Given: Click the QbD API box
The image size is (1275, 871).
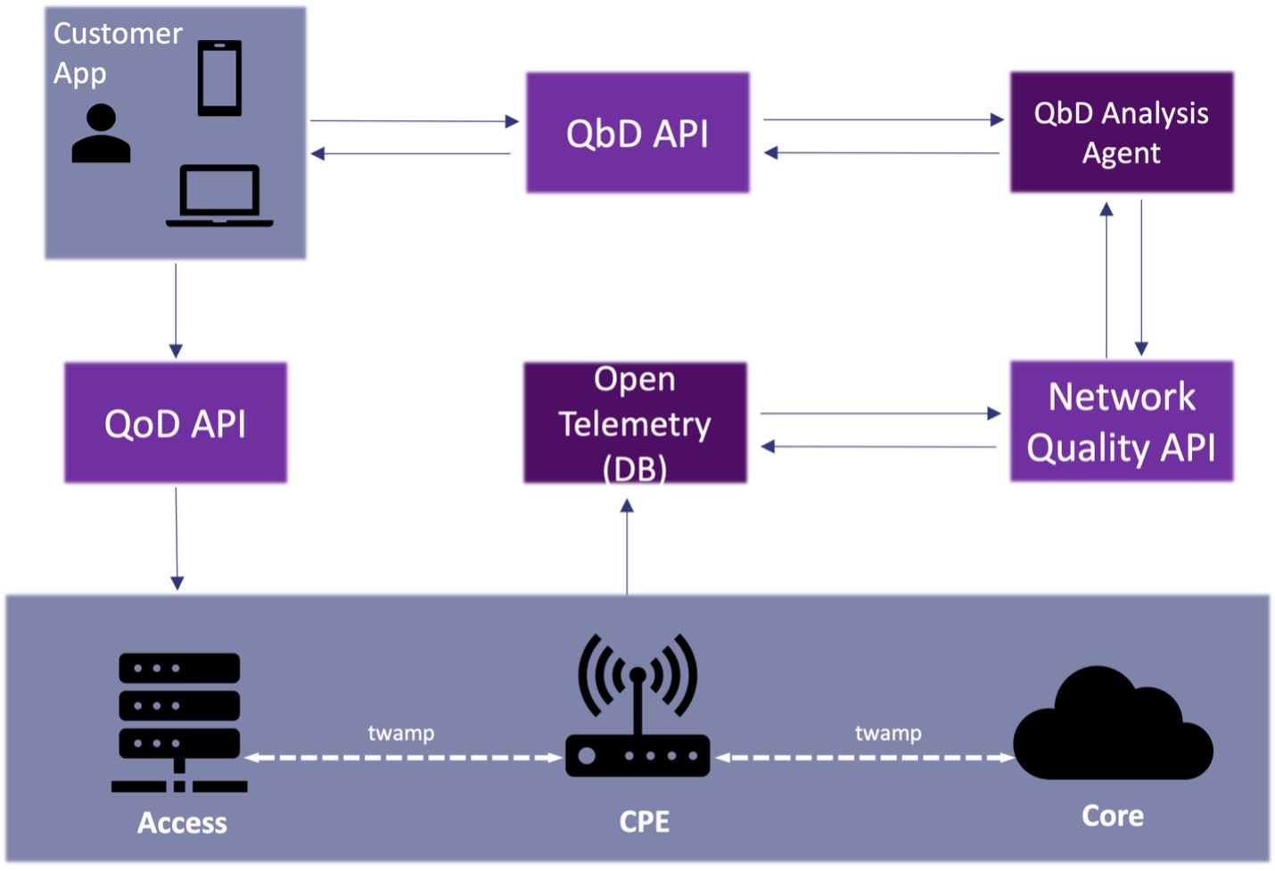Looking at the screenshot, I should [x=637, y=133].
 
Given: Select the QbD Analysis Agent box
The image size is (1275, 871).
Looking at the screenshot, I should [x=1121, y=133].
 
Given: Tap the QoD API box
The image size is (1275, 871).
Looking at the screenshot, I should [x=176, y=423].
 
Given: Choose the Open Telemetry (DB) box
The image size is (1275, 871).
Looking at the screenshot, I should [x=635, y=423].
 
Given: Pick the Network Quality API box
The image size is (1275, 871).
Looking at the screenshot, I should [x=1121, y=422].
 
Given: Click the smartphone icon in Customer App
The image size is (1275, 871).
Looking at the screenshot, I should [x=219, y=78].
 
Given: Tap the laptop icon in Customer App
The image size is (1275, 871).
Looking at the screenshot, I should [x=219, y=195].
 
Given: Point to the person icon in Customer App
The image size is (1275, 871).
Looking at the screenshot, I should [x=101, y=134].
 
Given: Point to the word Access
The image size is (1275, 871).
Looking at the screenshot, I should [x=182, y=823].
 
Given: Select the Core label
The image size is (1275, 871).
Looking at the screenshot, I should [x=1113, y=816].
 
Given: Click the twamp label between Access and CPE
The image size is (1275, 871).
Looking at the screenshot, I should [x=401, y=734].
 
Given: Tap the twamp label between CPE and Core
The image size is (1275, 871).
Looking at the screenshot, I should [x=888, y=734].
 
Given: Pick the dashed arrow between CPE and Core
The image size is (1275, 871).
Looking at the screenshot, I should [x=865, y=758].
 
